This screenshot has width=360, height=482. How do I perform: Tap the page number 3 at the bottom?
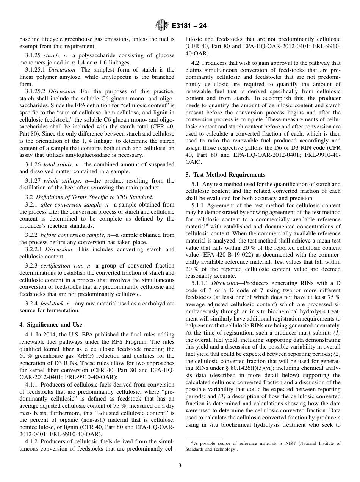(x=180, y=466)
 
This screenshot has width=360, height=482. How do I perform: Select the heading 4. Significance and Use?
(x=51, y=325)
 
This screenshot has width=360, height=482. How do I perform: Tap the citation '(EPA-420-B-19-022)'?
(x=225, y=255)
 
